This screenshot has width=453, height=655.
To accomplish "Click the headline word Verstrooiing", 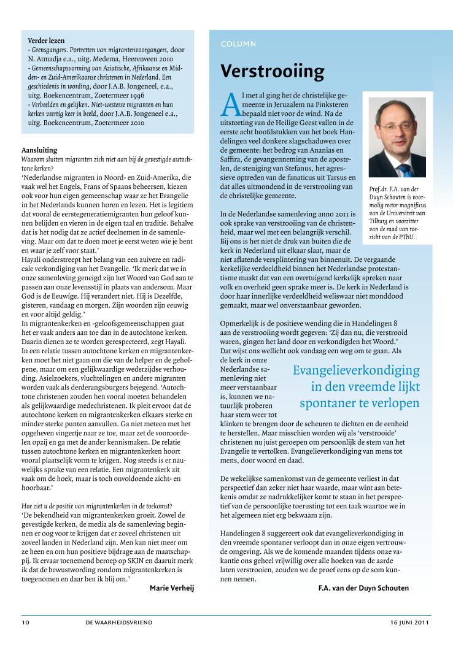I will coord(273,72).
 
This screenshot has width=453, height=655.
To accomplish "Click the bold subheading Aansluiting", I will coord(39,150).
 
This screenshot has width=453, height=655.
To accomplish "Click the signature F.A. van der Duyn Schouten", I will coord(363,588).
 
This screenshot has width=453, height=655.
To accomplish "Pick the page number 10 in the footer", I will coord(25,622).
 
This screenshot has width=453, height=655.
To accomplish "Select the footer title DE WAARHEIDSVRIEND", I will coord(119,622).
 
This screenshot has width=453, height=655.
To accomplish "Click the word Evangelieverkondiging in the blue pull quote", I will coord(356,370).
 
